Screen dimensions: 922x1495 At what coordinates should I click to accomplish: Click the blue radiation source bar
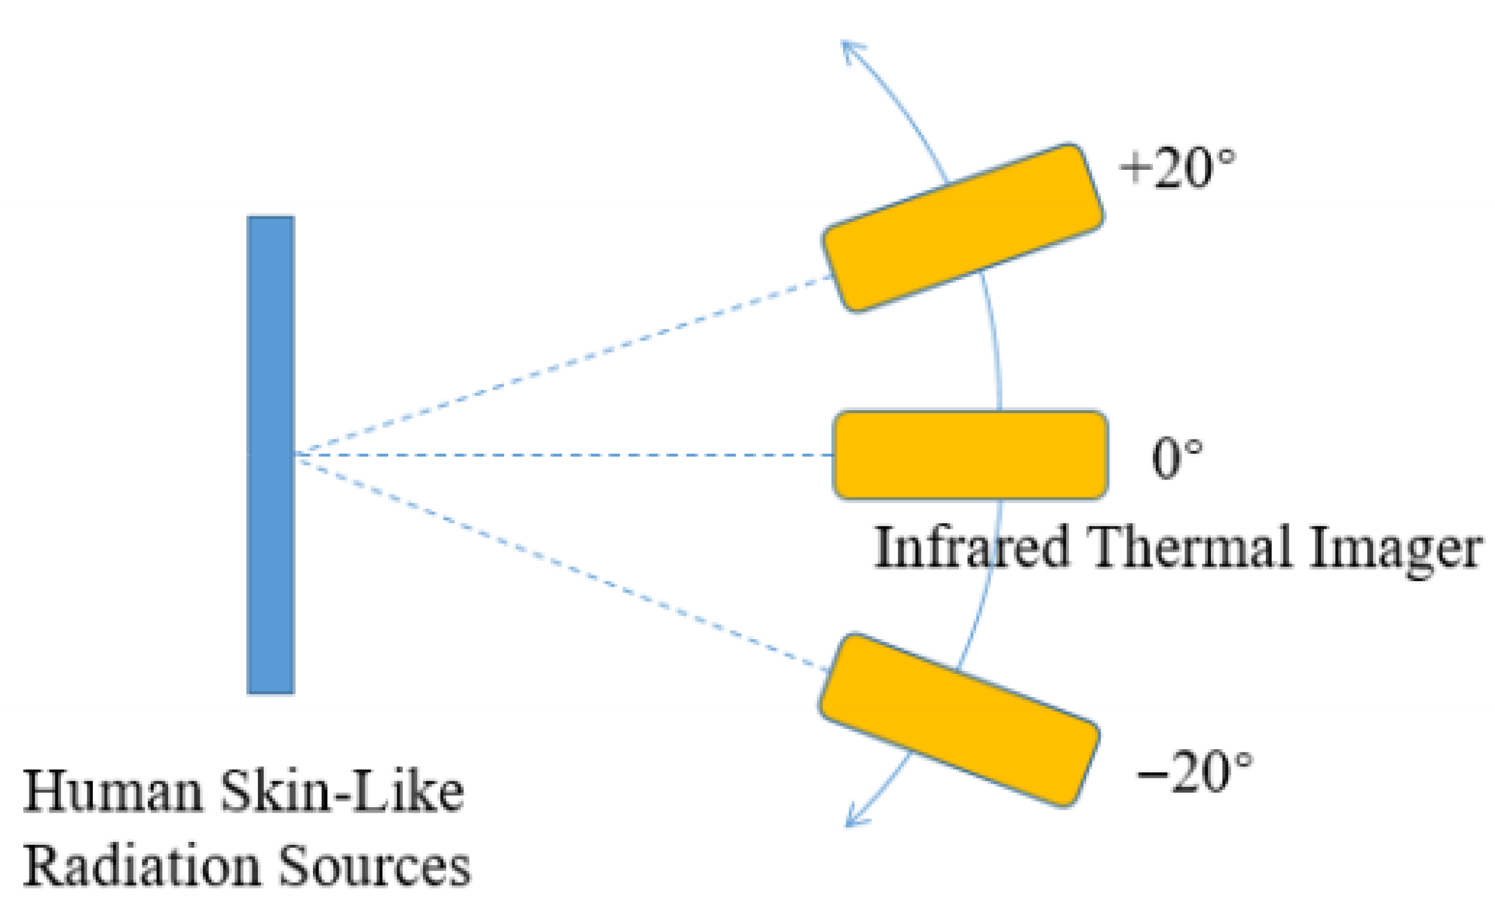coord(270,454)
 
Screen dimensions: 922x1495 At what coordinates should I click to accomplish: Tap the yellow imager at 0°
coord(970,455)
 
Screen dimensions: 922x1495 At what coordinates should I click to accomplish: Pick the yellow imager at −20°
coord(958,719)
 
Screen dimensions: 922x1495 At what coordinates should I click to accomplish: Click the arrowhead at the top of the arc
coord(849,48)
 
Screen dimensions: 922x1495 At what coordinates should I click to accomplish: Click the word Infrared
coord(972,547)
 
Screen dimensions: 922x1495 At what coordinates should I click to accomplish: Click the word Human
coord(113,791)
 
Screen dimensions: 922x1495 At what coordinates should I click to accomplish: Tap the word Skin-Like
coord(342,791)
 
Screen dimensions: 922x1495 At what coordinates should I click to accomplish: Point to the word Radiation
coord(142,866)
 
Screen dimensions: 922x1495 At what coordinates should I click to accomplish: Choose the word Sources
coord(374,866)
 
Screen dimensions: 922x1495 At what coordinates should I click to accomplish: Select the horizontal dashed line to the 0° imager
coord(561,455)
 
